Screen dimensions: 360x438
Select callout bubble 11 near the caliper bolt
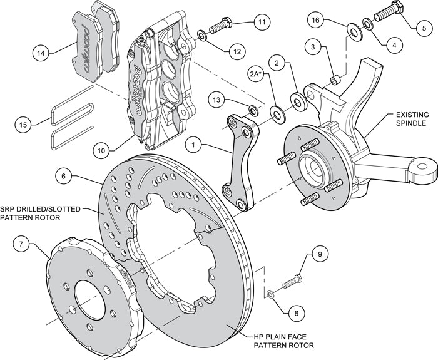262,21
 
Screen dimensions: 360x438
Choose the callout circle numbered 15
23,125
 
